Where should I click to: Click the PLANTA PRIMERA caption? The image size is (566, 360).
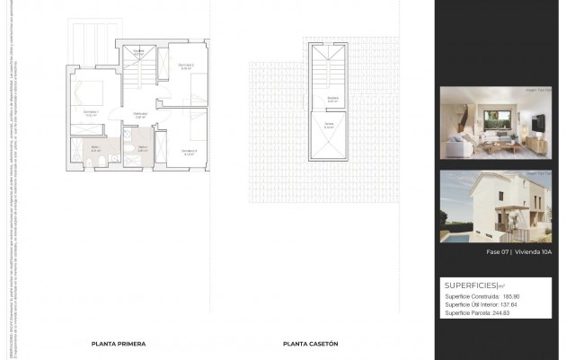click(x=118, y=344)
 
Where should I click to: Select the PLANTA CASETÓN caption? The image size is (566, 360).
click(x=310, y=344)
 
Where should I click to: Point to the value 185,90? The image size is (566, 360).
click(x=511, y=296)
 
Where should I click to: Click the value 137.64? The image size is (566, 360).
click(x=509, y=304)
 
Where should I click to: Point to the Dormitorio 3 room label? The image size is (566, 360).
click(x=189, y=150)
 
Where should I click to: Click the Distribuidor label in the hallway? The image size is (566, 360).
click(x=140, y=113)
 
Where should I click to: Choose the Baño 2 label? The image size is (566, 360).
click(x=142, y=149)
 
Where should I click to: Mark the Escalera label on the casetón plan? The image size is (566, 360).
click(x=332, y=97)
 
